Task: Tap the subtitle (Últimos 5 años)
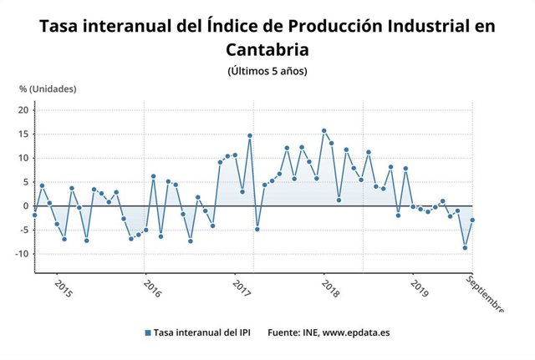pos(267,71)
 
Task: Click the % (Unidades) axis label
pos(48,89)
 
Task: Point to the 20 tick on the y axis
pos(24,110)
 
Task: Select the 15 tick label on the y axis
pos(24,134)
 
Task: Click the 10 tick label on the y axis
pos(24,158)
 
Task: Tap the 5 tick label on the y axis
pos(27,182)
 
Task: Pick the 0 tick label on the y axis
pos(27,205)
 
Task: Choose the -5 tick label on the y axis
pos(24,230)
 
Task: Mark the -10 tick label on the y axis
pos(23,254)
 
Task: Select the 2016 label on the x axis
pos(152,289)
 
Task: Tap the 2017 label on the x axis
pos(242,289)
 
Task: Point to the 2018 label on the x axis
pos(330,289)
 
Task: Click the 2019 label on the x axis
pos(419,289)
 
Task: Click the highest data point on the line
pos(324,131)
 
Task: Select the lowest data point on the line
pos(465,247)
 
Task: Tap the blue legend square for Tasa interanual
pos(148,332)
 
